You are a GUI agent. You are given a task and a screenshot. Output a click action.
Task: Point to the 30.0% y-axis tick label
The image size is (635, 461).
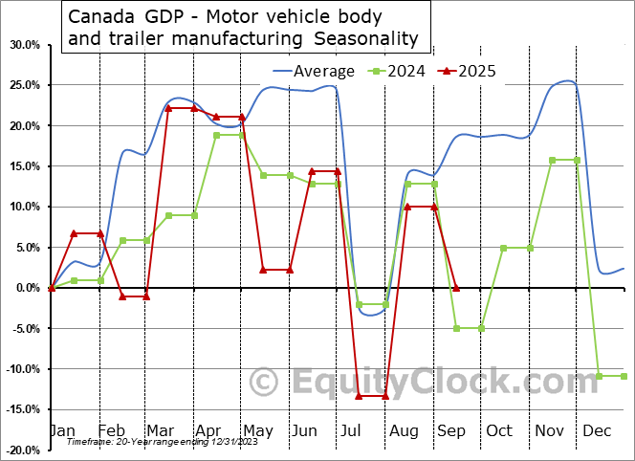click(x=25, y=45)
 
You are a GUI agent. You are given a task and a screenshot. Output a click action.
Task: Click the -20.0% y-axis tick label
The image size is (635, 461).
click(x=24, y=450)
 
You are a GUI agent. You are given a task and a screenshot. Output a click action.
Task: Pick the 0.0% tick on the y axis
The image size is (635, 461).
click(x=28, y=288)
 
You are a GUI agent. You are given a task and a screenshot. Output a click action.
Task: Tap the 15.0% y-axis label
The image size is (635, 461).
click(x=25, y=166)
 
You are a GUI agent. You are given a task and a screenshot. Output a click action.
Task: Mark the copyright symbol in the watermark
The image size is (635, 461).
click(x=265, y=383)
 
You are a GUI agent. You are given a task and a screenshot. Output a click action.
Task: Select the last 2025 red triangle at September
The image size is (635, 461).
click(x=456, y=288)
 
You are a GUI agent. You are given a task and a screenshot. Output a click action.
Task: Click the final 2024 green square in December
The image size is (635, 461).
click(x=624, y=376)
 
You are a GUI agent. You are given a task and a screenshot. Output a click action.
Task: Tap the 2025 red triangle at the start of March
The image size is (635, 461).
click(x=169, y=108)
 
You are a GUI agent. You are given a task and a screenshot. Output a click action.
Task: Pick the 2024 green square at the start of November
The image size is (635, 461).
click(x=552, y=160)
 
